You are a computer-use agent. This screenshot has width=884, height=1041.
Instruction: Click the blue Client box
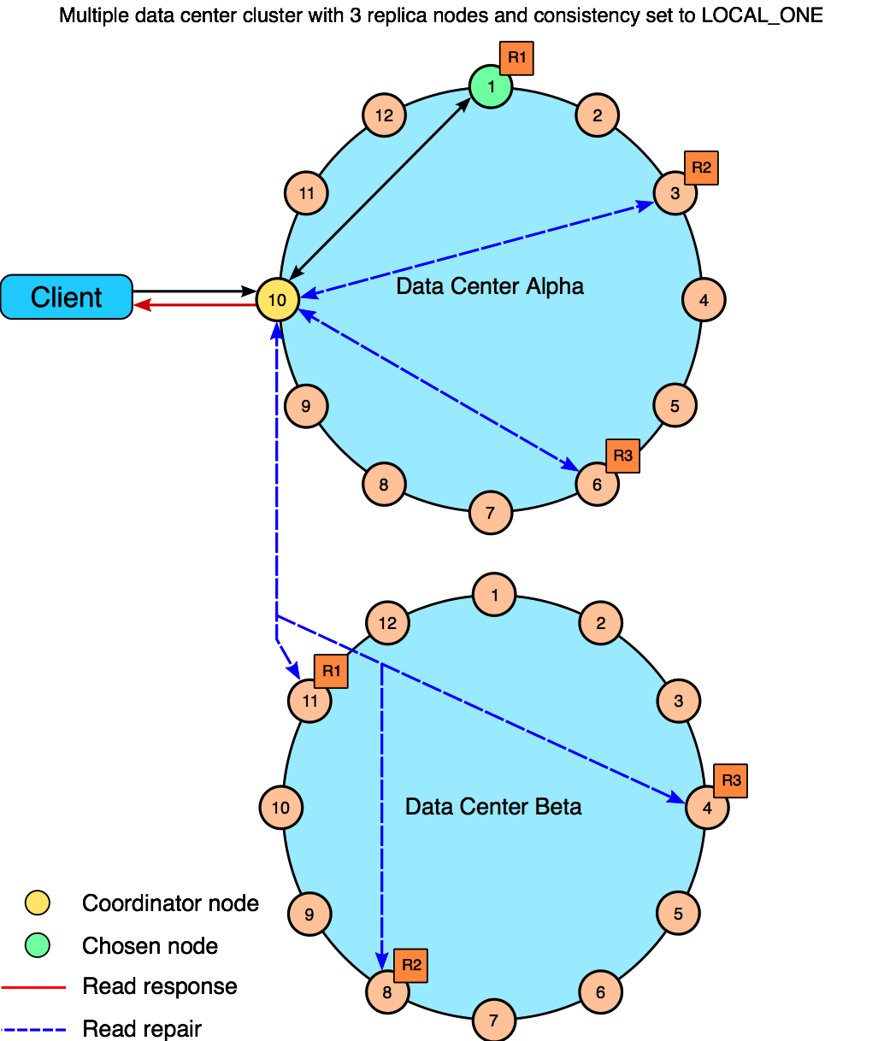(67, 297)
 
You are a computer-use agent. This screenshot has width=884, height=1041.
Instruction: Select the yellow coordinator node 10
(277, 300)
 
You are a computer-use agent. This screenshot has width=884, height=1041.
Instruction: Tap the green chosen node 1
(491, 86)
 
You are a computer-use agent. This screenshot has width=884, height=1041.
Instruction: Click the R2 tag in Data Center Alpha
(701, 168)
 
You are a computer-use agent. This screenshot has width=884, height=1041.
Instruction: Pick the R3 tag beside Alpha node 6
(622, 456)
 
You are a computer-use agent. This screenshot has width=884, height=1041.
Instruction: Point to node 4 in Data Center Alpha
(704, 300)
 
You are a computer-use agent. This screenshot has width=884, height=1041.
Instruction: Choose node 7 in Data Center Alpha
(491, 513)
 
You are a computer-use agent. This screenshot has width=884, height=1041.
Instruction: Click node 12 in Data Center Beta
(387, 623)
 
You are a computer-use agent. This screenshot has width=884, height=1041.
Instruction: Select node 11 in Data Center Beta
(309, 701)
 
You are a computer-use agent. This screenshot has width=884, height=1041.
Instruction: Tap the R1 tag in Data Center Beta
(331, 671)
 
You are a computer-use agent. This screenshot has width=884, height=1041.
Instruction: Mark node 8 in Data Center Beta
(387, 992)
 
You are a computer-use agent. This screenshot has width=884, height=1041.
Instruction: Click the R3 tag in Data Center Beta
(730, 780)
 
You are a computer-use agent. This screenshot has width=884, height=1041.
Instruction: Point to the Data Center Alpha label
(490, 286)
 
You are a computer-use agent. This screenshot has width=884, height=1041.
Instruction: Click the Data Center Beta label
(493, 807)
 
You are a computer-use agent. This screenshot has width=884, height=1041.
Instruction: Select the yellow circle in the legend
(37, 903)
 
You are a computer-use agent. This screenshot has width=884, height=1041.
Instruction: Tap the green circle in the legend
(37, 945)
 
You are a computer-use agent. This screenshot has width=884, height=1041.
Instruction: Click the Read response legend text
(160, 986)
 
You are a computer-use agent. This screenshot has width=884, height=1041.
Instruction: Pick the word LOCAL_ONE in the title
(762, 15)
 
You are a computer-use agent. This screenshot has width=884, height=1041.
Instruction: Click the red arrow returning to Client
(197, 305)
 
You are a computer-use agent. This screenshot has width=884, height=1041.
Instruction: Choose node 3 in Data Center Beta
(678, 701)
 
